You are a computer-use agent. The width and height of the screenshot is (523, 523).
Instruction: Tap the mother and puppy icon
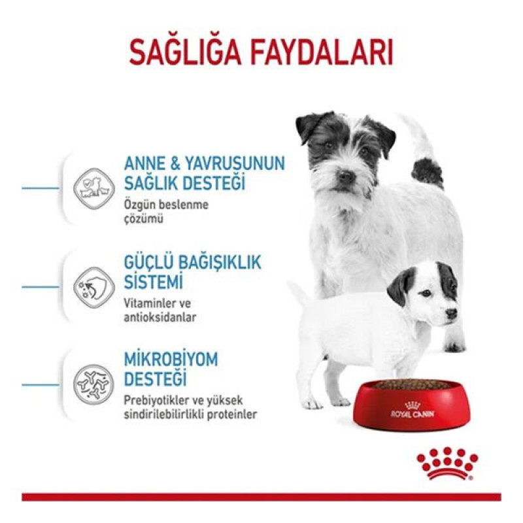pyautogui.click(x=90, y=186)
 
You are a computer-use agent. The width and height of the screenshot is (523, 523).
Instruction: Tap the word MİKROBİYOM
pyautogui.click(x=171, y=360)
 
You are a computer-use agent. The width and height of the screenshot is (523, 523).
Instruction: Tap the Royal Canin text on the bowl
pyautogui.click(x=413, y=413)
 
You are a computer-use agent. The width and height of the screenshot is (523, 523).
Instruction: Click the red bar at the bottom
pyautogui.click(x=261, y=497)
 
